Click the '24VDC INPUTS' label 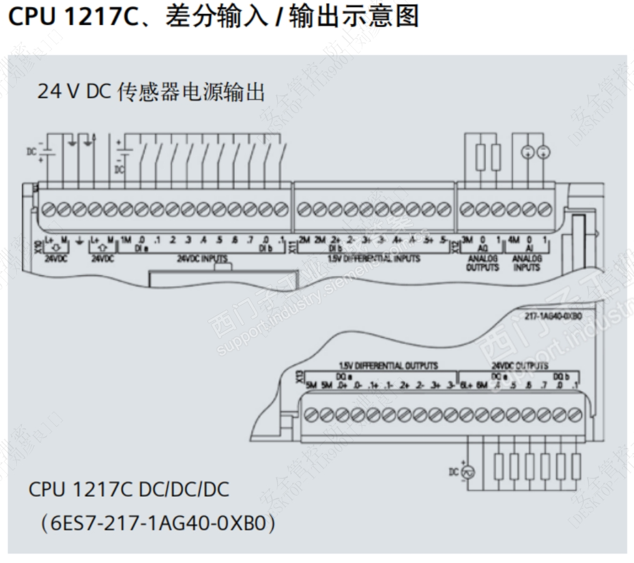pos(202,257)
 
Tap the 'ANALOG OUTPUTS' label pos(482,262)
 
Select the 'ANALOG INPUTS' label pos(528,262)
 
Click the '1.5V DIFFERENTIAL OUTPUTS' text pos(388,365)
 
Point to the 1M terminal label pos(126,240)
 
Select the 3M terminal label pos(467,240)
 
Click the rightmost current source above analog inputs pos(543,151)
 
